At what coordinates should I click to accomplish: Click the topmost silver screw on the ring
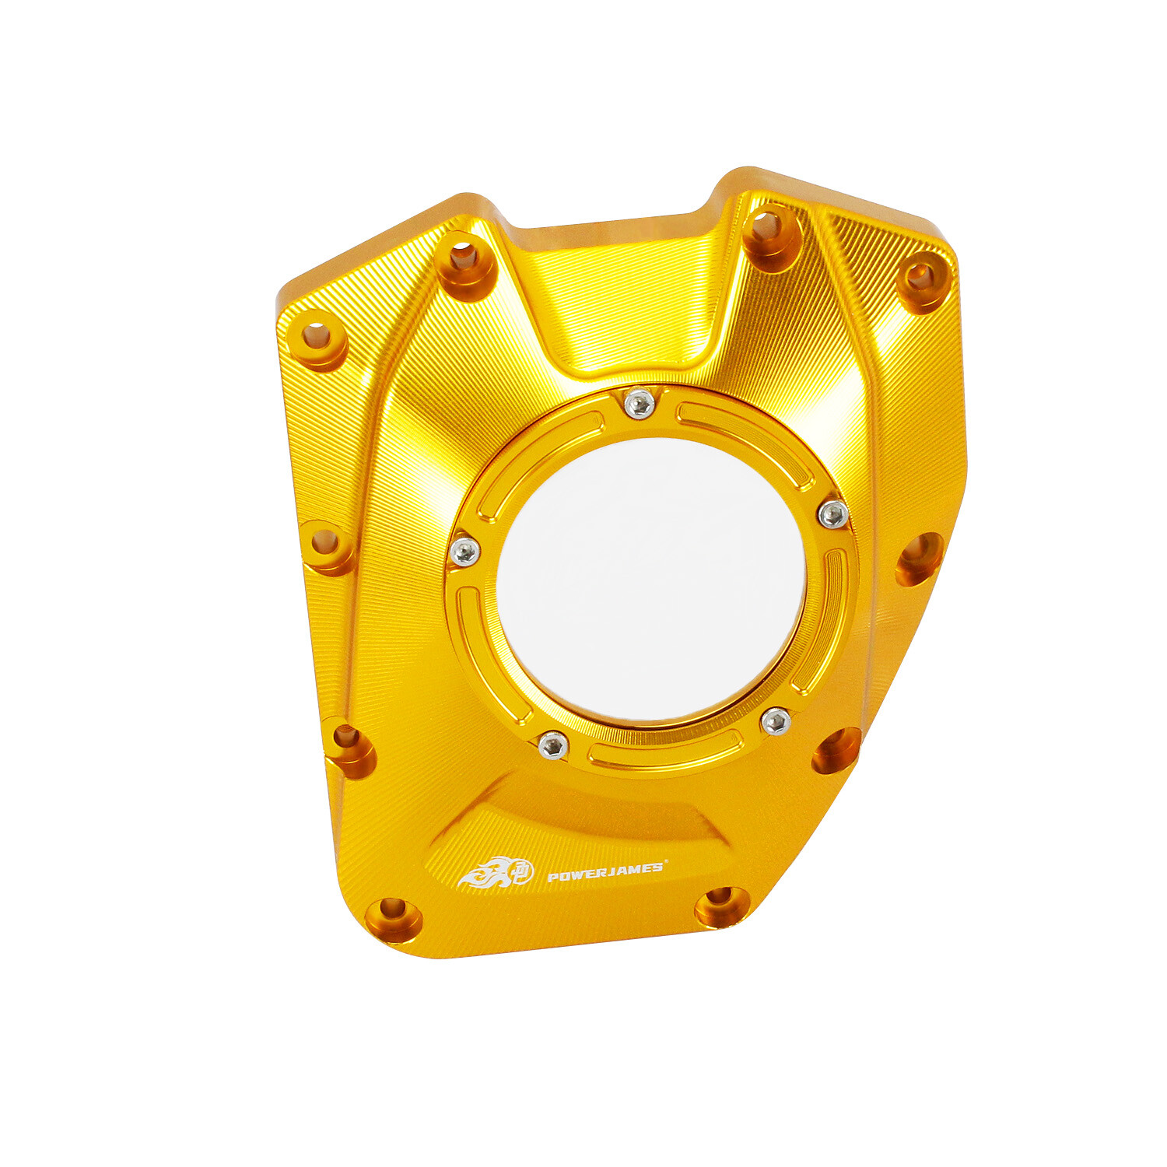coord(639,404)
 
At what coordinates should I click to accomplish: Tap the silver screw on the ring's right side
coord(833,514)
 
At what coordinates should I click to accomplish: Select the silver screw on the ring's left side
coord(465,552)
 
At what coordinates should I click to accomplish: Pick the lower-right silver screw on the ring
coord(776,722)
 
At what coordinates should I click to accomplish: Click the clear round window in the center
coord(650,580)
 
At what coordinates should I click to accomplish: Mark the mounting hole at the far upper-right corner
coord(922,279)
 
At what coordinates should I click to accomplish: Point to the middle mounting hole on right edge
coord(919,557)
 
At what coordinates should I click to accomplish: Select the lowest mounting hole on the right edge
coord(836,750)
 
